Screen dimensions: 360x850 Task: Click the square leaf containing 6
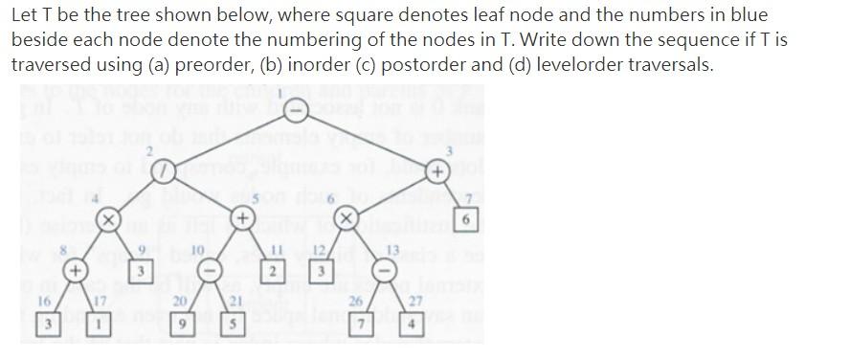click(x=465, y=219)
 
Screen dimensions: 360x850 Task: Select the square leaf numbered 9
click(x=140, y=272)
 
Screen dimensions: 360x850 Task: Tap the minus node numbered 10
click(x=216, y=271)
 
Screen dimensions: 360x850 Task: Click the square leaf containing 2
click(x=274, y=272)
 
